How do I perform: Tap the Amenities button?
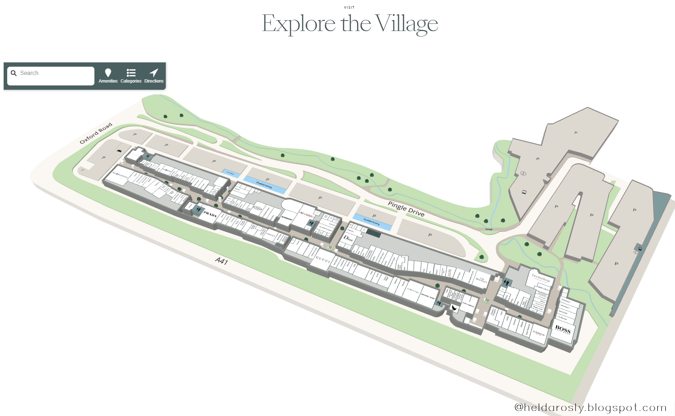[x=108, y=76]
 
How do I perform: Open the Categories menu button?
[x=131, y=76]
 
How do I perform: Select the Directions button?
[x=154, y=76]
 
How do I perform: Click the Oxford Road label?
[x=96, y=133]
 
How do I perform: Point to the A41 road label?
[x=221, y=261]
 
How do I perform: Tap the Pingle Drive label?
[x=406, y=209]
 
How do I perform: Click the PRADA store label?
[x=210, y=214]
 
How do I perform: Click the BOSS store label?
[x=563, y=329]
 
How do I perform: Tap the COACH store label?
[x=539, y=333]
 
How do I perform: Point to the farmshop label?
[x=541, y=278]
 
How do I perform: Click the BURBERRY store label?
[x=287, y=218]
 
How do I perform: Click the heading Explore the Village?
[x=350, y=24]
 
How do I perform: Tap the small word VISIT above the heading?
[x=349, y=7]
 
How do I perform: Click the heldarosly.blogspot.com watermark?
[x=590, y=407]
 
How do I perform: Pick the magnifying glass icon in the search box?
[x=14, y=73]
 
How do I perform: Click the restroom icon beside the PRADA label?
[x=198, y=209]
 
